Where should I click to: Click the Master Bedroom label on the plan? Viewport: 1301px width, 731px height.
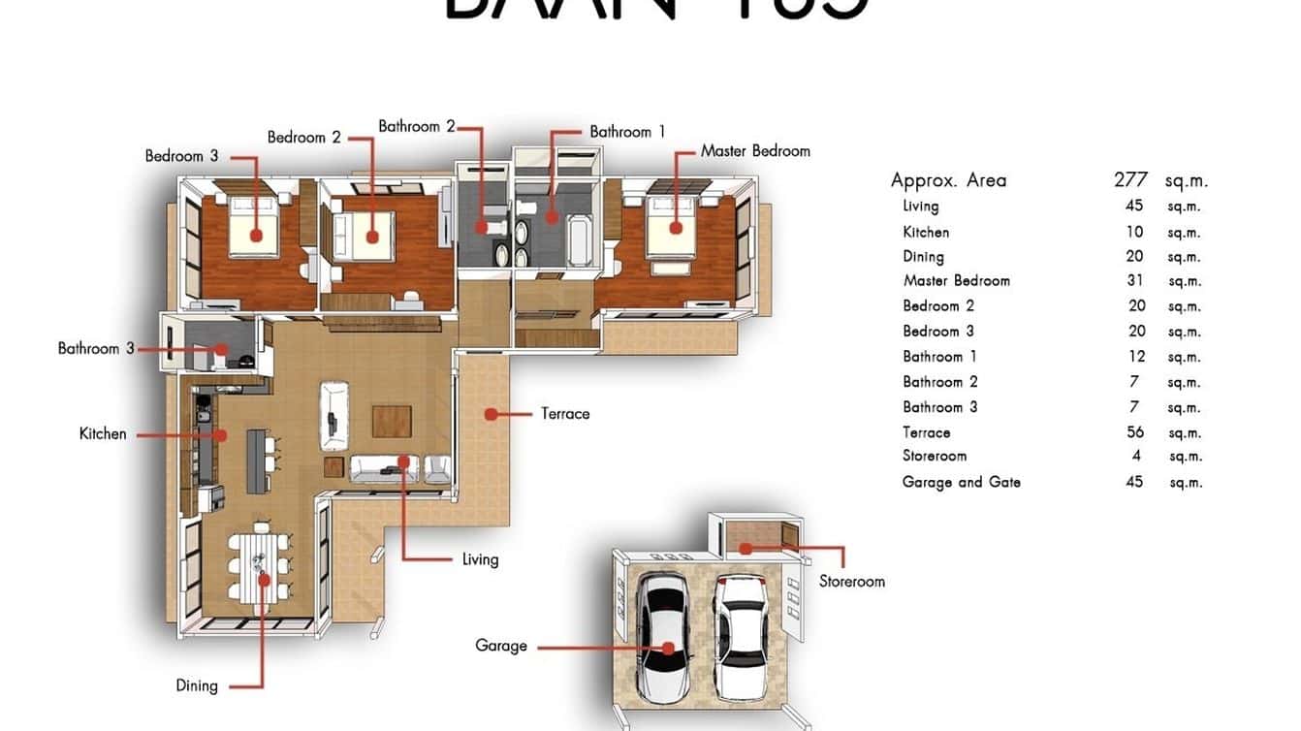tap(755, 151)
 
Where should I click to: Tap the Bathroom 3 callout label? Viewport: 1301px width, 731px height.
tap(96, 348)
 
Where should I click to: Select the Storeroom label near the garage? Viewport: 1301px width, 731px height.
tap(851, 581)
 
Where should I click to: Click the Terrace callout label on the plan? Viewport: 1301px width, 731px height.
tap(565, 414)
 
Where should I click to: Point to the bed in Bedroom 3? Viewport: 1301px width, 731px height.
tap(254, 228)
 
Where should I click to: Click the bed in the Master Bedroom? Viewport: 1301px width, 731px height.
tap(672, 225)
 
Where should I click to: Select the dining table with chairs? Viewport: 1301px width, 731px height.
tap(261, 565)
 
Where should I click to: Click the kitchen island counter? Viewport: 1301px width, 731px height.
tap(257, 461)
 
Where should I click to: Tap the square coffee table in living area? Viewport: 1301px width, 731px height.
tap(392, 423)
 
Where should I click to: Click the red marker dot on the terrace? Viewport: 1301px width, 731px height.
tap(491, 414)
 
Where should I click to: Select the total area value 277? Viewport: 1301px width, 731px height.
tap(1130, 180)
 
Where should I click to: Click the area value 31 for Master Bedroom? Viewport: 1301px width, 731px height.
tap(1134, 281)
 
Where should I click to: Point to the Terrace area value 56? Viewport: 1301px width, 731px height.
tap(1134, 432)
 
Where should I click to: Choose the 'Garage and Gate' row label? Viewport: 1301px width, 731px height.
tap(961, 482)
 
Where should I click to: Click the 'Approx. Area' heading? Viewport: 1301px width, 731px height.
tap(948, 180)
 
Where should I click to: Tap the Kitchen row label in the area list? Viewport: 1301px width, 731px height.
tap(926, 232)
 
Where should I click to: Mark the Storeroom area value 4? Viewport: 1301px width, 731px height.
tap(1136, 457)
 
